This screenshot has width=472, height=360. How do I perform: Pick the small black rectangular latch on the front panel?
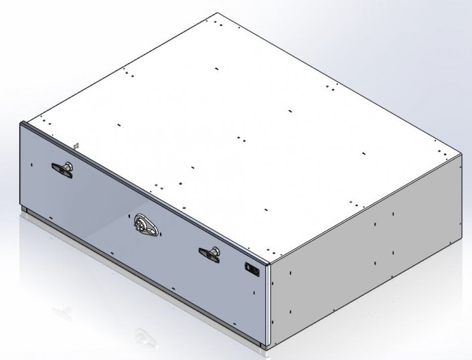click(x=252, y=269)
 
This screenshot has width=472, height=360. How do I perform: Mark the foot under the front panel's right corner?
click(x=261, y=345)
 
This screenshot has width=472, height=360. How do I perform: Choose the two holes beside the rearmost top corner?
click(x=220, y=23)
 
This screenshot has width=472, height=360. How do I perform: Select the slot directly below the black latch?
click(x=253, y=292)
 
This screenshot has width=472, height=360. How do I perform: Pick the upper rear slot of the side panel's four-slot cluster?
click(x=393, y=214)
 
